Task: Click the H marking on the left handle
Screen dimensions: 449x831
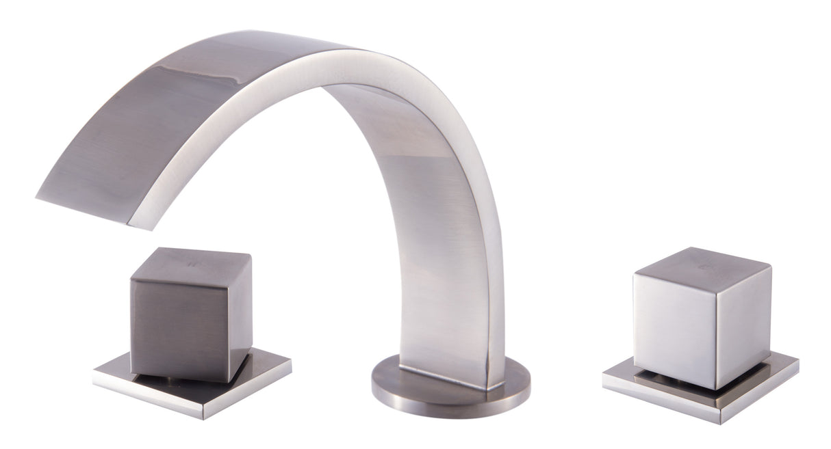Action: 194,260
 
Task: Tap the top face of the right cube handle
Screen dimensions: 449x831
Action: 705,263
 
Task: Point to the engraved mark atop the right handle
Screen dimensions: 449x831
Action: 706,260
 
